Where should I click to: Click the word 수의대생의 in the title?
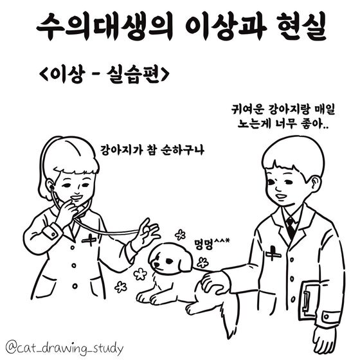coord(104,26)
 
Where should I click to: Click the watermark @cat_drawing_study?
coord(64,348)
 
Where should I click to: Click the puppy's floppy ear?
coord(185,262)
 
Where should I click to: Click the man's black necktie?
coord(291,228)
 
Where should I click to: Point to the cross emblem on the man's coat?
coord(273,254)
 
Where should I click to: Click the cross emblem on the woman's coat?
coord(89,239)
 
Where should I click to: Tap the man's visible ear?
coord(315,184)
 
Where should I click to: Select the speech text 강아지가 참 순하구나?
coord(152,150)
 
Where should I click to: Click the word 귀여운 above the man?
coord(246,110)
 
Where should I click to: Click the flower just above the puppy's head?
coord(181,235)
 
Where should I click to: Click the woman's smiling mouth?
coord(77,197)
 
